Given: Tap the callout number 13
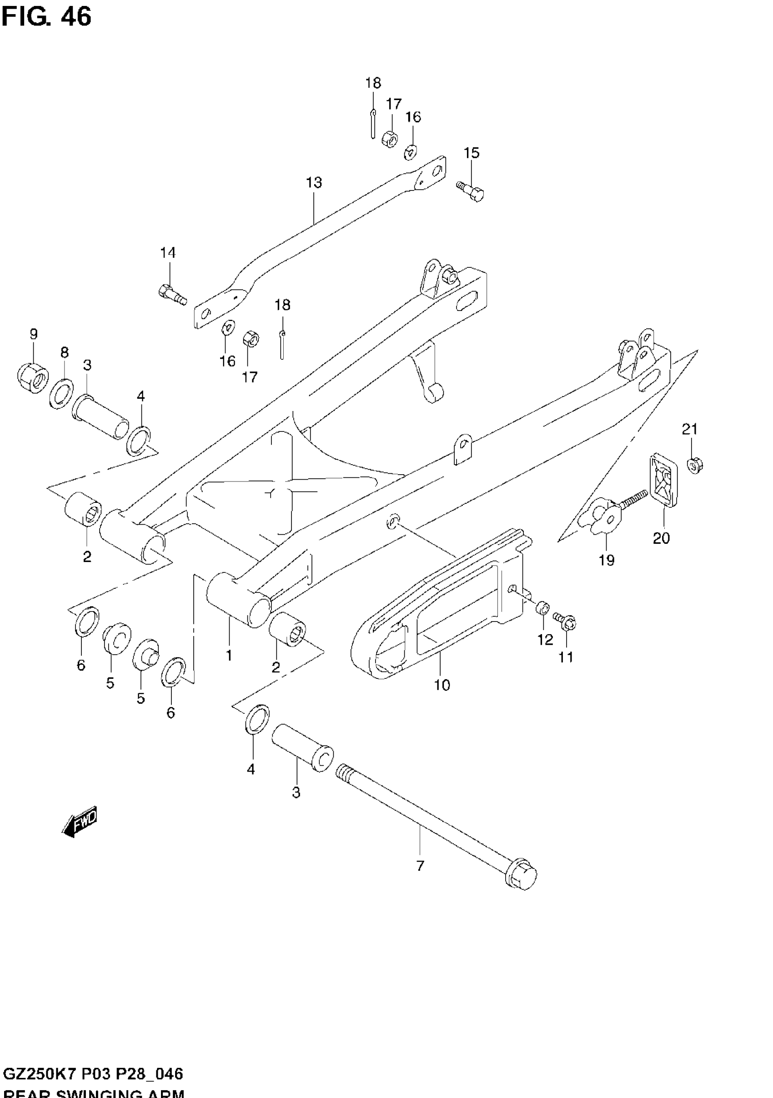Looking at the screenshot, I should [x=314, y=183].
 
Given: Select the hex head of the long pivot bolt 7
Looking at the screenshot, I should [x=523, y=875].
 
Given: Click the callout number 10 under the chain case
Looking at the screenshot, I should [x=442, y=685].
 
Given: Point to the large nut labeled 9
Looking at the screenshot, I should [x=33, y=378].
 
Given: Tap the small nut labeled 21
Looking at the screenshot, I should [x=694, y=464].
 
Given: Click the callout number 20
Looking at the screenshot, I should [x=662, y=538].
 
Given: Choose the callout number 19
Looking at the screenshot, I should [x=607, y=560].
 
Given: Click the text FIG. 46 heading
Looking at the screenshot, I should [x=46, y=17].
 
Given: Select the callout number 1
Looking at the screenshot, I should [x=229, y=655].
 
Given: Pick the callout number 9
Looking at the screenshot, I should [x=34, y=334].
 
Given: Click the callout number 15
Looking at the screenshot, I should [x=471, y=153].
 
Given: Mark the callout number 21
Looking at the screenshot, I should [x=690, y=429].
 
